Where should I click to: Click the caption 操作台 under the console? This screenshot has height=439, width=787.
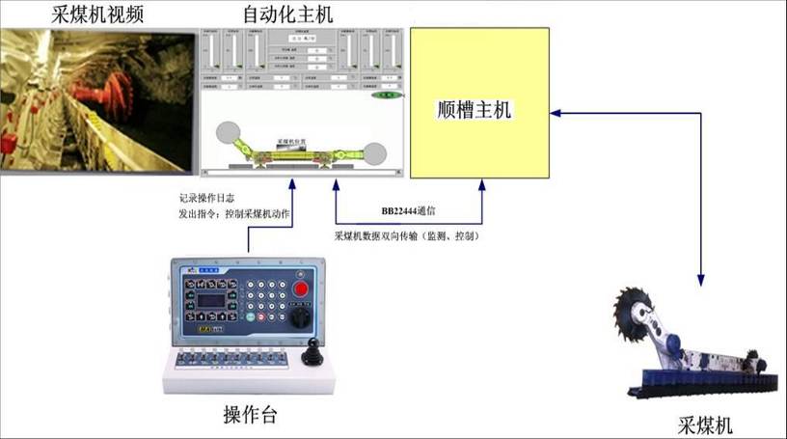tap(251, 416)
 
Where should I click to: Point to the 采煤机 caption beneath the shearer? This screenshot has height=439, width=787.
tap(705, 425)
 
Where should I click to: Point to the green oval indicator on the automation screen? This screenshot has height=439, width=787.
tap(385, 96)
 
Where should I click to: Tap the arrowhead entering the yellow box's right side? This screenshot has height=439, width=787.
tap(556, 113)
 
